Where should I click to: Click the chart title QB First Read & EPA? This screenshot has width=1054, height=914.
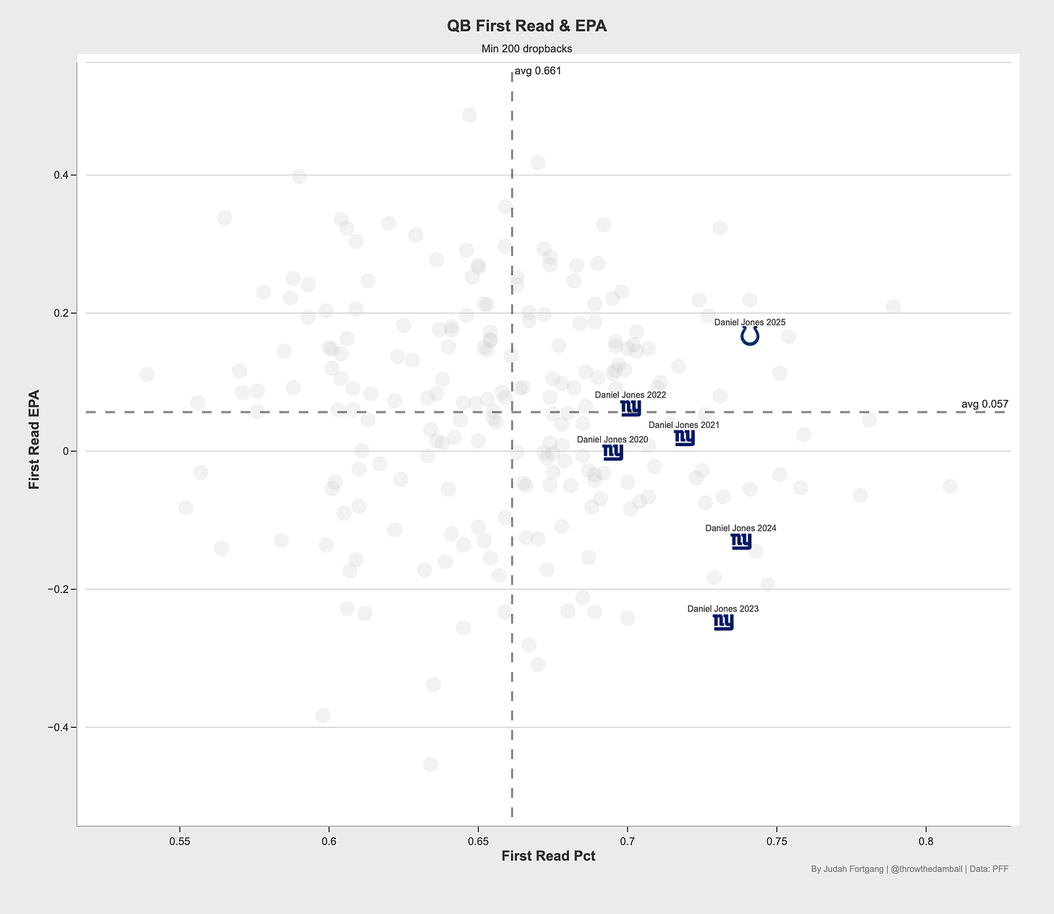click(x=527, y=26)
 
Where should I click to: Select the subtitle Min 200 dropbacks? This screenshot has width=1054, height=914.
click(x=527, y=49)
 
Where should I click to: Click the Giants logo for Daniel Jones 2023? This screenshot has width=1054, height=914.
click(x=723, y=621)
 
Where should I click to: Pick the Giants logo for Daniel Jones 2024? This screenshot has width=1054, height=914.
click(x=741, y=541)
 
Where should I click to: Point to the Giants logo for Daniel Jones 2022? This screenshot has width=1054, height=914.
click(x=631, y=408)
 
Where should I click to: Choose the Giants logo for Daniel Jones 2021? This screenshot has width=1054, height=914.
click(x=684, y=437)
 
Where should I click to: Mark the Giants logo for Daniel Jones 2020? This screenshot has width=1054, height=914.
click(x=613, y=452)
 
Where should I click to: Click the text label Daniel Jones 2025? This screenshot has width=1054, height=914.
click(x=749, y=322)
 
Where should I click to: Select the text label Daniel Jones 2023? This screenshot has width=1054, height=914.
click(x=723, y=609)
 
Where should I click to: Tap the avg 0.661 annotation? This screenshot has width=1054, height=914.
click(x=538, y=71)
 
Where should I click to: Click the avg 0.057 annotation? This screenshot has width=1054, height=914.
click(x=985, y=404)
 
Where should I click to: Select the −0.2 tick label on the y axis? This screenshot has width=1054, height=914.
click(x=58, y=589)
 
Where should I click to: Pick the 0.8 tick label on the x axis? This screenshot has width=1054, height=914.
click(x=926, y=842)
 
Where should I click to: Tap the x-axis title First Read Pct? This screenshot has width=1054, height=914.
click(x=548, y=856)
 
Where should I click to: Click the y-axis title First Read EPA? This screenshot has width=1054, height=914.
click(x=34, y=440)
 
